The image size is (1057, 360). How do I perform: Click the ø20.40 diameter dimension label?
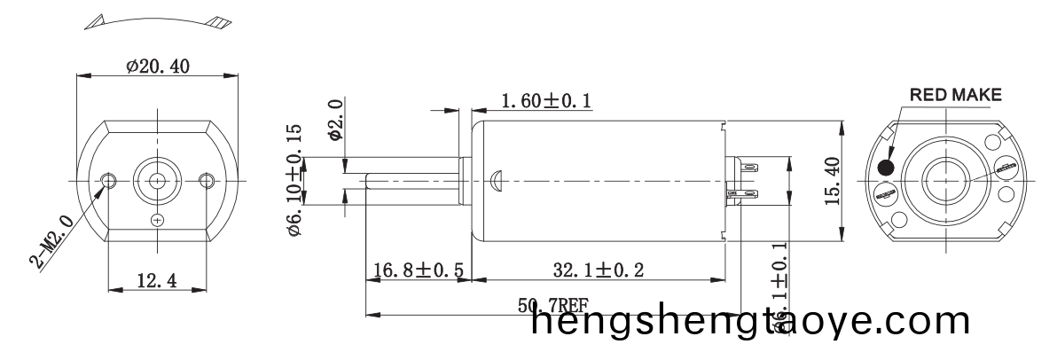click(158, 66)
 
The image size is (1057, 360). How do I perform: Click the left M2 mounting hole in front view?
click(109, 180)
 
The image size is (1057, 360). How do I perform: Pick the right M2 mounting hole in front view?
click(207, 180)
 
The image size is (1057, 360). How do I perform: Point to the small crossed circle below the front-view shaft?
click(158, 219)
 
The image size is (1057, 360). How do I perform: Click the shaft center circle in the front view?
click(158, 180)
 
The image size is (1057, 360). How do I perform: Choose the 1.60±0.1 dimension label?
click(546, 103)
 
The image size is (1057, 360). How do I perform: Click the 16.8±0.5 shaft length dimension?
click(418, 270)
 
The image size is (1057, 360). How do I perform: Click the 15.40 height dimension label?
click(830, 180)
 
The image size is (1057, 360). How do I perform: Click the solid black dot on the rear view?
click(885, 168)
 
